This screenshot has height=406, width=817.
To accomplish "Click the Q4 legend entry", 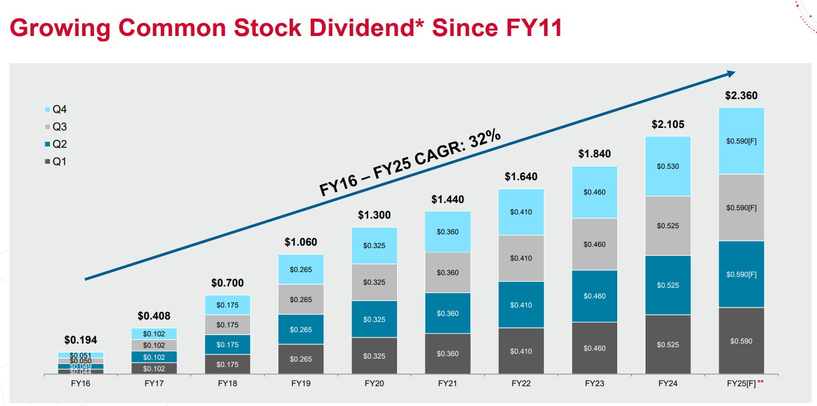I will [x=56, y=110].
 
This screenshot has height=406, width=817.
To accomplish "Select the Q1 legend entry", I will [x=56, y=162].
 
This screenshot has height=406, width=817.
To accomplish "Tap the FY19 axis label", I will [x=301, y=383].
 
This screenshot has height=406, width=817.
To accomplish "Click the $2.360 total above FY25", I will [x=741, y=95].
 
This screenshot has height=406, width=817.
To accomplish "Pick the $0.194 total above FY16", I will [x=81, y=340].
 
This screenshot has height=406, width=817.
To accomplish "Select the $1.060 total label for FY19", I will [x=301, y=243].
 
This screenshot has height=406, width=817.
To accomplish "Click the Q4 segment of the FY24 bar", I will [x=668, y=166].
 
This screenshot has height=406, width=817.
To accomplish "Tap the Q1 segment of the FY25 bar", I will [x=741, y=341].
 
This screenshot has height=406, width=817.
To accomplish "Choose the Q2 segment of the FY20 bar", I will [x=374, y=319].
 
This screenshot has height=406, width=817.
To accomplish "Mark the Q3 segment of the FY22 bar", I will [x=521, y=258].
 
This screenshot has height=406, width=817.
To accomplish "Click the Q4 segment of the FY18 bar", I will [x=227, y=305].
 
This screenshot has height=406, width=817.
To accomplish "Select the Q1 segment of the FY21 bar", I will [x=447, y=353].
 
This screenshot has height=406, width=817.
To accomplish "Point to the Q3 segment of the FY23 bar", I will [x=594, y=244].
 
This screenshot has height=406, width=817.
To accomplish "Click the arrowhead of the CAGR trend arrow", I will [x=731, y=73].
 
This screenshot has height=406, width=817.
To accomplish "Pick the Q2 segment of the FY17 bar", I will [x=154, y=357].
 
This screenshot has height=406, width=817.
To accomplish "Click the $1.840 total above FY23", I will [x=594, y=154].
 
